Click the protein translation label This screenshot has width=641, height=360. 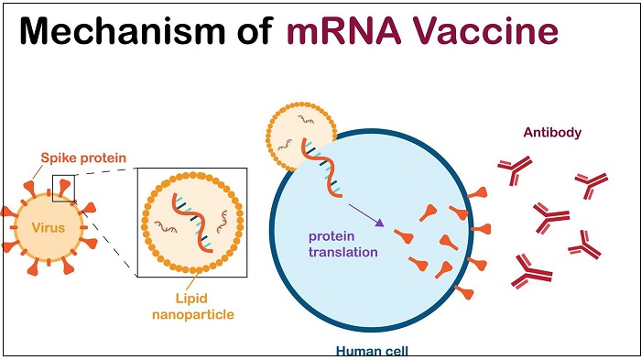pyautogui.click(x=342, y=244)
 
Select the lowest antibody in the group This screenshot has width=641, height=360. pyautogui.click(x=531, y=271)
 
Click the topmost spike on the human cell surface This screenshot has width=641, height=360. pyautogui.click(x=478, y=193)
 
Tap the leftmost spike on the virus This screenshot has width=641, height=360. pyautogui.click(x=7, y=213)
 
